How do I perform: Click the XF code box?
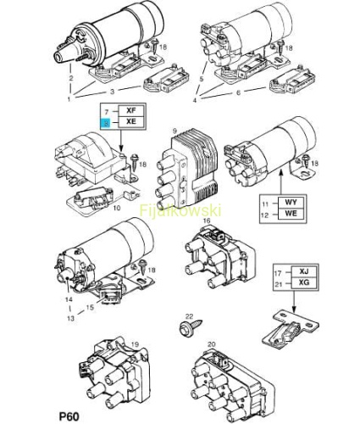click(131, 110)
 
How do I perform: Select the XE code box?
click(131, 121)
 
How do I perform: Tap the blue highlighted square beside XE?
click(106, 123)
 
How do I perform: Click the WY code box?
click(291, 203)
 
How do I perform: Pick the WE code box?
click(291, 214)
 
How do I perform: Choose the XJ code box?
click(304, 271)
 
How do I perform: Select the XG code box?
click(304, 282)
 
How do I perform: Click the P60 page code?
click(69, 416)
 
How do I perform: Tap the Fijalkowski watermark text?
click(180, 210)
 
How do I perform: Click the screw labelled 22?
click(191, 327)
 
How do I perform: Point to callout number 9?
click(174, 131)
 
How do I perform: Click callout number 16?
click(207, 220)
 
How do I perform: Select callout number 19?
click(136, 344)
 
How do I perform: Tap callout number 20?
click(211, 344)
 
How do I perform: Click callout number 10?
click(117, 208)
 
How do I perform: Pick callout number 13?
click(70, 318)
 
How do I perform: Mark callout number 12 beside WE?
click(264, 215)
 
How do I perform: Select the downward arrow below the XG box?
click(294, 301)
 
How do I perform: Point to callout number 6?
click(239, 92)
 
